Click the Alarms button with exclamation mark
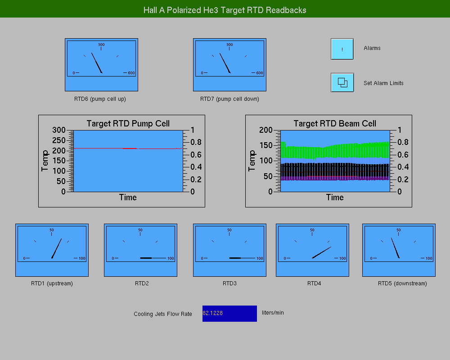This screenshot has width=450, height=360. coord(342,49)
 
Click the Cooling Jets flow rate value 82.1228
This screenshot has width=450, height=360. coord(213,313)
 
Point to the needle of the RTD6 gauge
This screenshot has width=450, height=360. coord(97,63)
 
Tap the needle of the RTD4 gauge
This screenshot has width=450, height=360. coord(322,252)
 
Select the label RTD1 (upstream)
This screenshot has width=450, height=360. coord(52,283)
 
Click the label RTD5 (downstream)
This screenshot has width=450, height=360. coord(402,283)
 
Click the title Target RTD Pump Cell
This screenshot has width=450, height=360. coord(128,123)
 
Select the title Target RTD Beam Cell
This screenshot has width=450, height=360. coord(335,123)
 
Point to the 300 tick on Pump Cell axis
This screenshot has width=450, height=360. coord(59,130)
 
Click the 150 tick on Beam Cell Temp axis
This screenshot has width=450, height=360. coord(266,145)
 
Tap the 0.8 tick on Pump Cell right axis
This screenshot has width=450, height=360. coord(196,142)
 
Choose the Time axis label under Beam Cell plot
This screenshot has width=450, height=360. coord(335,197)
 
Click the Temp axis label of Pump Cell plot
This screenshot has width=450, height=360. coord(45,161)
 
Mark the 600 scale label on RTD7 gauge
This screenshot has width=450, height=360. coord(260,73)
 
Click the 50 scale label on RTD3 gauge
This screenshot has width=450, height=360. coord(229,230)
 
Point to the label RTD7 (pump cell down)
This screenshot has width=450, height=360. coord(229,99)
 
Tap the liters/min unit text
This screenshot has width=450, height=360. coord(273,313)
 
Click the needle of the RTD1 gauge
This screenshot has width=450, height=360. coord(57,248)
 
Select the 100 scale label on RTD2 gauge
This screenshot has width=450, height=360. coord(171,258)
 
